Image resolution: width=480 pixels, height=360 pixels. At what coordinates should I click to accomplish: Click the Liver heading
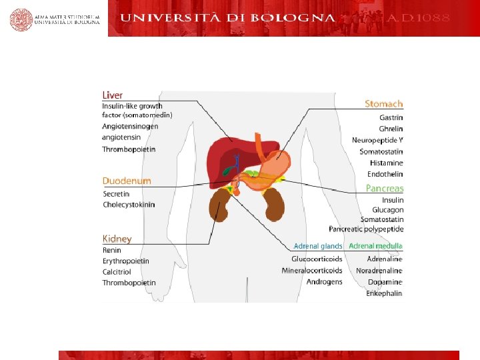[x=113, y=95]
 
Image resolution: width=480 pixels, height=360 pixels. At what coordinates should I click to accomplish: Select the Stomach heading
[x=384, y=104]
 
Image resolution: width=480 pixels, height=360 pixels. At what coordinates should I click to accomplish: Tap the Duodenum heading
[x=127, y=181]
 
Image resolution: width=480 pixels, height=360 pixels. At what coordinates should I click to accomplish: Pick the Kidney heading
[x=117, y=239]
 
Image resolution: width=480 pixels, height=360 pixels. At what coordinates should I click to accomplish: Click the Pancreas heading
[x=385, y=189]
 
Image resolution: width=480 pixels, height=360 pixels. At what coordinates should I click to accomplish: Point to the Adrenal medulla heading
[x=375, y=247]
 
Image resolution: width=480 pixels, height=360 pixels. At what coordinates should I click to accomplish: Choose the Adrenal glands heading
[x=318, y=247]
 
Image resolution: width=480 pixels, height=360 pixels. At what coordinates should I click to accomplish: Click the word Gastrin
[x=391, y=118]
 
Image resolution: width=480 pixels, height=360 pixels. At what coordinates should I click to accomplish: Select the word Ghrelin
[x=391, y=129]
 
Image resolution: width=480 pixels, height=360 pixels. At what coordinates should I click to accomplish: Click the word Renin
[x=111, y=251]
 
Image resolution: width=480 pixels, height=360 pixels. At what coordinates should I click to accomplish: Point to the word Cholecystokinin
[x=129, y=205]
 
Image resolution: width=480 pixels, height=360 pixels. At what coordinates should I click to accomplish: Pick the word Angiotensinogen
[x=130, y=126]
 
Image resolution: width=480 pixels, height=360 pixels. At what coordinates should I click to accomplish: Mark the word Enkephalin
[x=384, y=293]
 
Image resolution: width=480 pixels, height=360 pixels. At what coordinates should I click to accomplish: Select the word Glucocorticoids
[x=317, y=259]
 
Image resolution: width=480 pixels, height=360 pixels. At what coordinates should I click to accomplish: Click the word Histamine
[x=386, y=163]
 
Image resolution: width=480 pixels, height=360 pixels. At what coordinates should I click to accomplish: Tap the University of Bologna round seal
[x=21, y=19]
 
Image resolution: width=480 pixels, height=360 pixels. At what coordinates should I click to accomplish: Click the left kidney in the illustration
[x=218, y=205]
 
